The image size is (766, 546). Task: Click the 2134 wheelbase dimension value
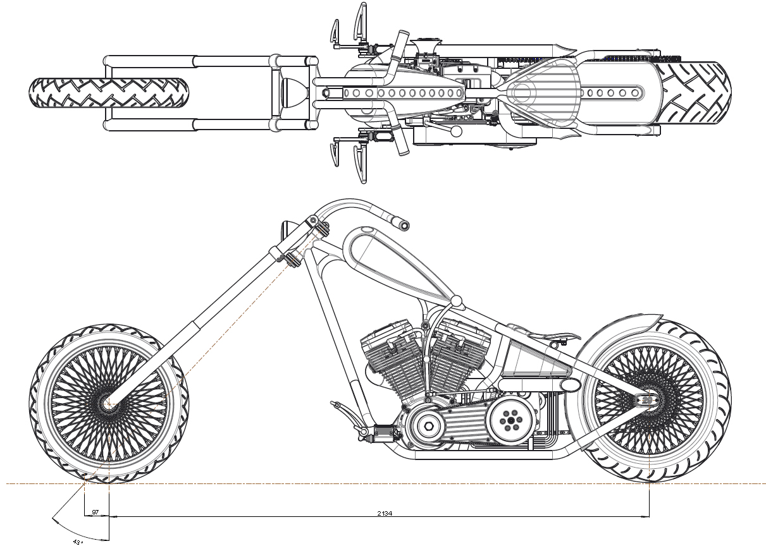click(x=384, y=513)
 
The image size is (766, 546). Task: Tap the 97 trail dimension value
click(x=96, y=512)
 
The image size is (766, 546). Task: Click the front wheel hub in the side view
click(x=108, y=403)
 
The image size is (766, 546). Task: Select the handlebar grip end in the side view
click(x=401, y=223)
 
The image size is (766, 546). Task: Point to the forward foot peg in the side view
click(x=337, y=405)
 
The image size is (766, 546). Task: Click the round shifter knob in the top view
click(x=454, y=131)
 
